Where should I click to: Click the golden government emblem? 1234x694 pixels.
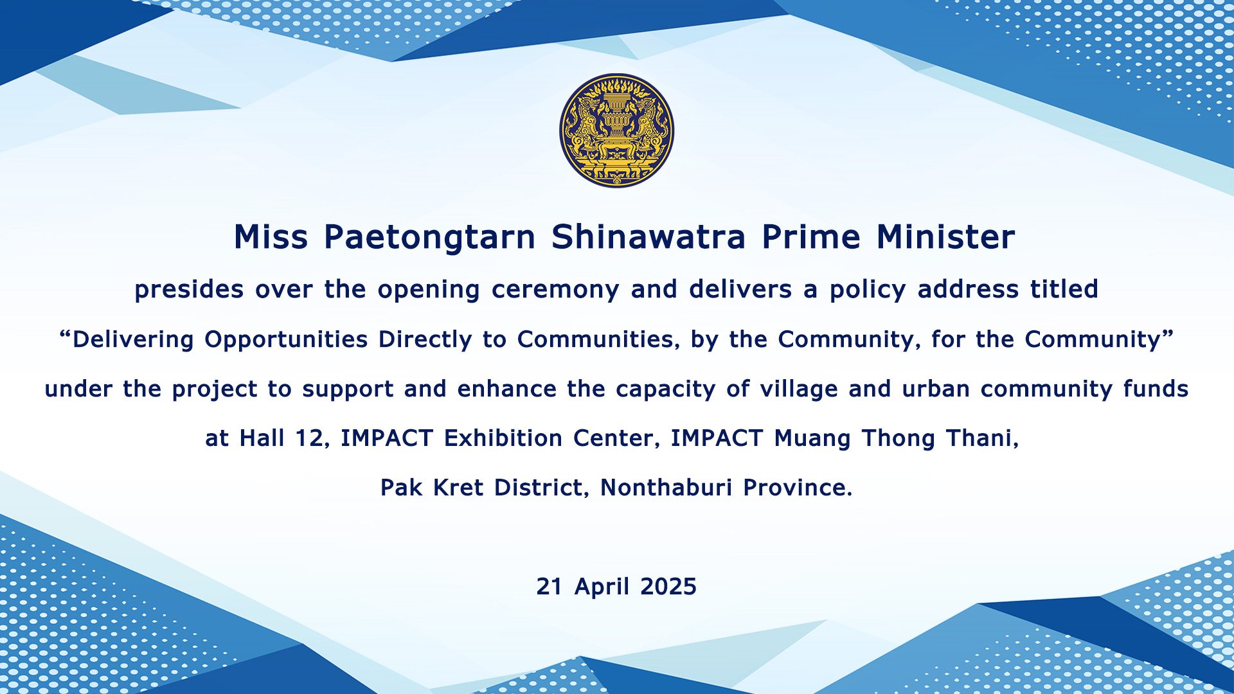616,130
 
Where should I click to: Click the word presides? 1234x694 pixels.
189,289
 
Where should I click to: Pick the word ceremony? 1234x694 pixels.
555,290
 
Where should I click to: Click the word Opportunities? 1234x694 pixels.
286,340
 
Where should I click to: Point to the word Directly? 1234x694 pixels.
425,340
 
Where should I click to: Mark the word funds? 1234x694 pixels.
1156,388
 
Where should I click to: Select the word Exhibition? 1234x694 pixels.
503,438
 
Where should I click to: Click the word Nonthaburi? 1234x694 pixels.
666,487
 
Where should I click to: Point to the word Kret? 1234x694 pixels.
458,487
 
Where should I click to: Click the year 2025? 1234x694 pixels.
668,587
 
